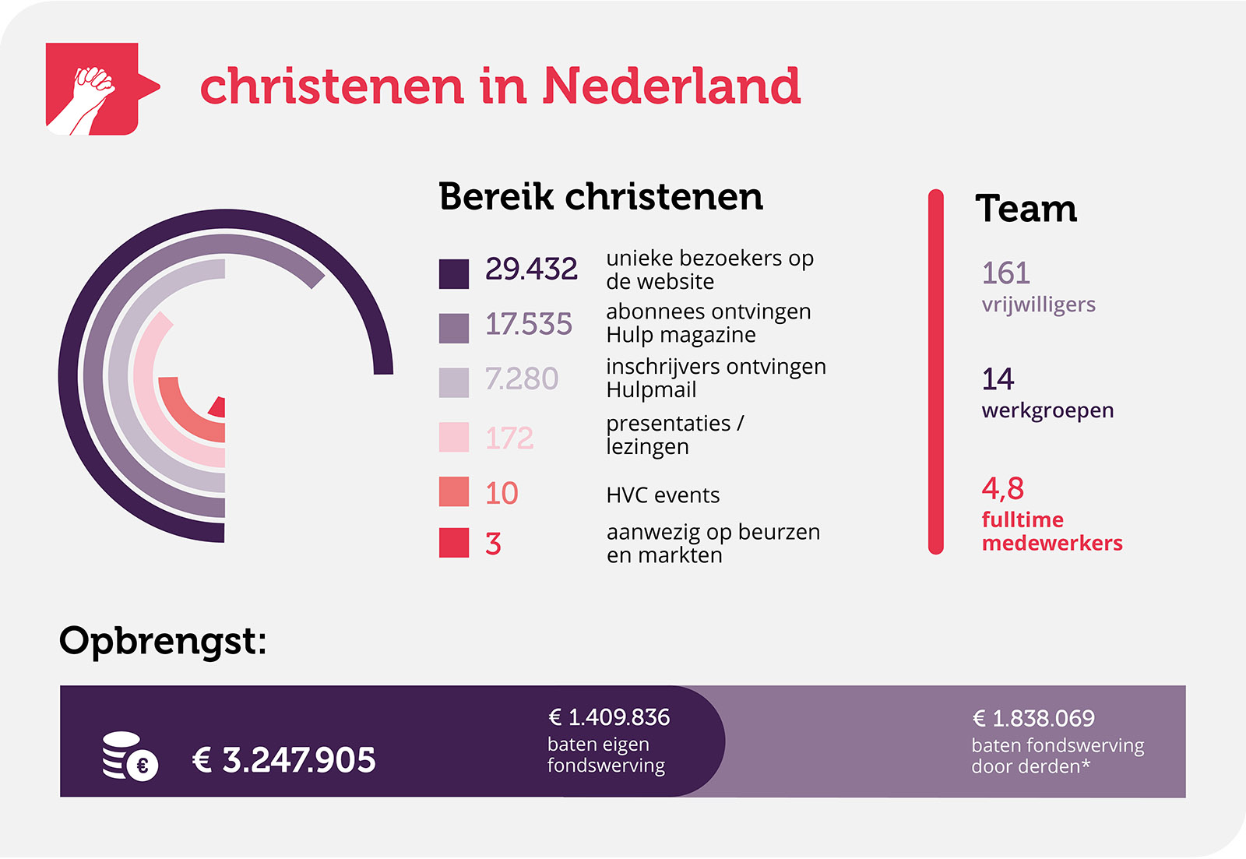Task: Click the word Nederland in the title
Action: click(671, 86)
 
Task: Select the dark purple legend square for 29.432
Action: click(454, 273)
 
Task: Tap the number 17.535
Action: click(529, 324)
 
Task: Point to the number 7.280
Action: click(522, 378)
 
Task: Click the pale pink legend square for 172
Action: click(454, 438)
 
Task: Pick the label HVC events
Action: click(663, 495)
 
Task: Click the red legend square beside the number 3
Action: click(454, 543)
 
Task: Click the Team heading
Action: click(1026, 209)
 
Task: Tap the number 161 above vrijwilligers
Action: click(1005, 273)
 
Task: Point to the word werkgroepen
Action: click(1047, 411)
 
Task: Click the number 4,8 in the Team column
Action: click(1002, 488)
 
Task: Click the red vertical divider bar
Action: click(935, 371)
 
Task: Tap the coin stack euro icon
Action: click(130, 756)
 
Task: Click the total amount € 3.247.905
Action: click(283, 760)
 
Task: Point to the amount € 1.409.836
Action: click(609, 718)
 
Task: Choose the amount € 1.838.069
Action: click(1033, 719)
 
